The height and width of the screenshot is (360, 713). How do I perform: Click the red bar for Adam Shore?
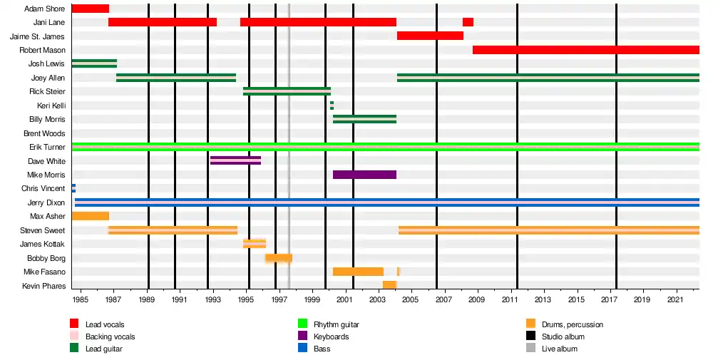[x=91, y=9]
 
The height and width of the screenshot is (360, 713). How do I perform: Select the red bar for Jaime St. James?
[x=430, y=36]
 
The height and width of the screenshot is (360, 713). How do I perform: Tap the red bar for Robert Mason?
[x=585, y=50]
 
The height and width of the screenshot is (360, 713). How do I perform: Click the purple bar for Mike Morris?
[x=364, y=175]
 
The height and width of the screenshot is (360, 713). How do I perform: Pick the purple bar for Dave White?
[x=235, y=160]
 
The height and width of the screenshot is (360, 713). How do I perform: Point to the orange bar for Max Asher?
[x=91, y=216]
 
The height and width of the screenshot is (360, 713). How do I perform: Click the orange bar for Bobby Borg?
[x=279, y=258]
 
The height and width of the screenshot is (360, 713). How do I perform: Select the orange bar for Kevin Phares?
[x=389, y=285]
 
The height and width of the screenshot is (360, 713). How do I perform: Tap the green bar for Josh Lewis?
[x=94, y=63]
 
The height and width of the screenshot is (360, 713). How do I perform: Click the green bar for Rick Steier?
[x=287, y=91]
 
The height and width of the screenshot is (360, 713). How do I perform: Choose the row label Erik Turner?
[x=47, y=148]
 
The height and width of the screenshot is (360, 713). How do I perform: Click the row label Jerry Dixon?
[x=46, y=203]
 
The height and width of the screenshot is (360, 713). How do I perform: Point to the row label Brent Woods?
[x=44, y=133]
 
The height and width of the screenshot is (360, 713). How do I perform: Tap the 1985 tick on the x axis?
[x=81, y=299]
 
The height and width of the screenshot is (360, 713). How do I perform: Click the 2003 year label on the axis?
[x=378, y=299]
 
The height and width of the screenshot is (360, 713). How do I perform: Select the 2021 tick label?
[x=676, y=299]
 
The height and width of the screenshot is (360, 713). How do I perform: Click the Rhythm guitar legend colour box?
[x=302, y=324]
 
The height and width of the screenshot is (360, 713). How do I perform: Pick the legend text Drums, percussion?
[x=573, y=325]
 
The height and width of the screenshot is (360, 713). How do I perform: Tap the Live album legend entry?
[x=560, y=349]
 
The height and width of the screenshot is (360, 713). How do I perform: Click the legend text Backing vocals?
[x=110, y=337]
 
